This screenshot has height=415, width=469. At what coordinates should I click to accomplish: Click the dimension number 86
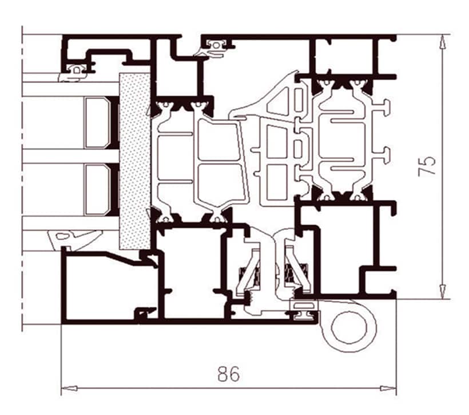pyautogui.click(x=229, y=374)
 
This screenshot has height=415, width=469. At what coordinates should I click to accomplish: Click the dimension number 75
pyautogui.click(x=427, y=166)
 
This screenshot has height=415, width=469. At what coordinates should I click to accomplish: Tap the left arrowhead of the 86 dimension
pyautogui.click(x=69, y=388)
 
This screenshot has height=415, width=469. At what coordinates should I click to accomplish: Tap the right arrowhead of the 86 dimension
pyautogui.click(x=388, y=388)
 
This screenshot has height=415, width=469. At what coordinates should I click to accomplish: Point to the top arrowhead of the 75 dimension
pyautogui.click(x=443, y=42)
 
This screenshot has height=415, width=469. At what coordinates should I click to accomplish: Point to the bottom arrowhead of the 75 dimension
pyautogui.click(x=443, y=291)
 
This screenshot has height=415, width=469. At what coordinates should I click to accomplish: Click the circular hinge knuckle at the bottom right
pyautogui.click(x=349, y=327)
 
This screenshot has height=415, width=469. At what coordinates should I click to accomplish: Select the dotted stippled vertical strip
pyautogui.click(x=134, y=161)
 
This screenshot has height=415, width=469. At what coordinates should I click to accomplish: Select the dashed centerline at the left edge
pyautogui.click(x=22, y=179)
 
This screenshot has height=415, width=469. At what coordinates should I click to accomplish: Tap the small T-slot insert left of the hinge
pyautogui.click(x=303, y=311)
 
